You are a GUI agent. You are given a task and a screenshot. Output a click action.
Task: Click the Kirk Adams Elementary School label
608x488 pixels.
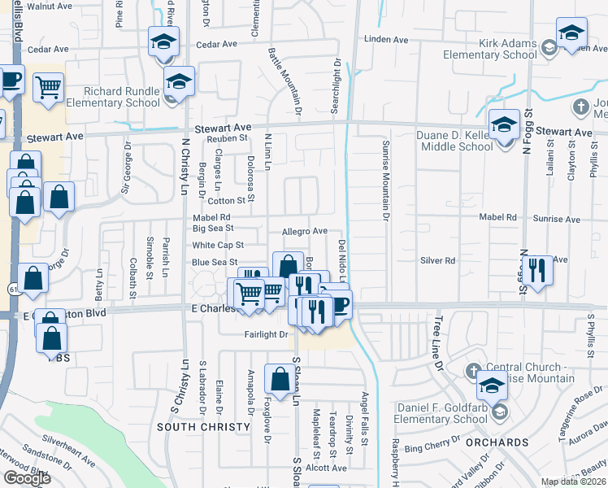[490, 49]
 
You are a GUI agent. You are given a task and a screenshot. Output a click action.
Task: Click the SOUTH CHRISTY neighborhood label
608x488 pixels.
[203, 427]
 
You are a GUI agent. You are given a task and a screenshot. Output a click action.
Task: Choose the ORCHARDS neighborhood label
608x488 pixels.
[497, 442]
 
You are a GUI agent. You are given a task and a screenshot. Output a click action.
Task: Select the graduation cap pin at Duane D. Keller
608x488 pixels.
[504, 125]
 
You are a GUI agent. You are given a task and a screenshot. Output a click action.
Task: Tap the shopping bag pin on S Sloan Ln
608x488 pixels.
[280, 379]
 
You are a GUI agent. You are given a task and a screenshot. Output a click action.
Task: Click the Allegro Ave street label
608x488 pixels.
[304, 232]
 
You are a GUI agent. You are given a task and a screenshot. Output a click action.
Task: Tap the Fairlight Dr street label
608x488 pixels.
[266, 334]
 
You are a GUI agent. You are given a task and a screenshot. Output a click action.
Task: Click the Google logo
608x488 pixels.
[27, 478]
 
